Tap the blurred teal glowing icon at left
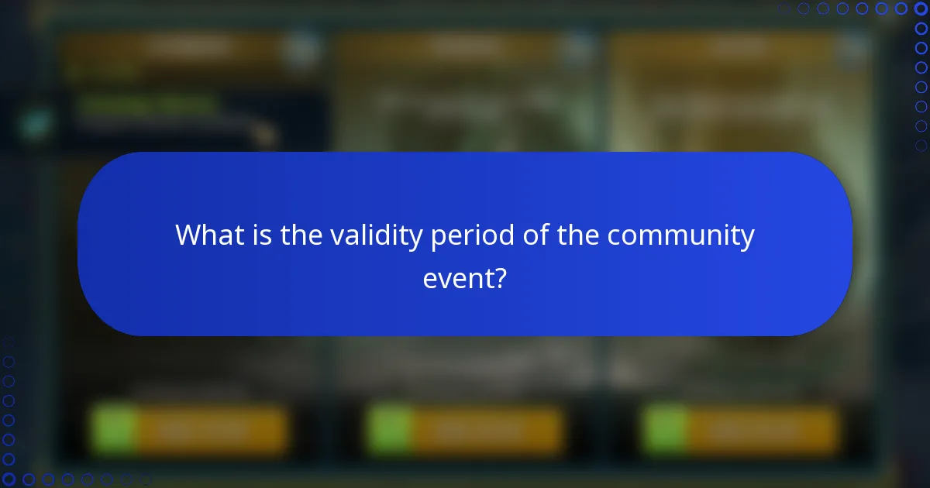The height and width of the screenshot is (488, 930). pos(35,124)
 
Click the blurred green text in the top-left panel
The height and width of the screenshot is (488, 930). pos(147,104)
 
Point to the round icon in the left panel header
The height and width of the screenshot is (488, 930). pos(300,50)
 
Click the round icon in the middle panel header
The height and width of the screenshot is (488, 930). pos(576,50)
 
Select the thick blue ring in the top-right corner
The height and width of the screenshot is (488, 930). pos(921,9)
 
